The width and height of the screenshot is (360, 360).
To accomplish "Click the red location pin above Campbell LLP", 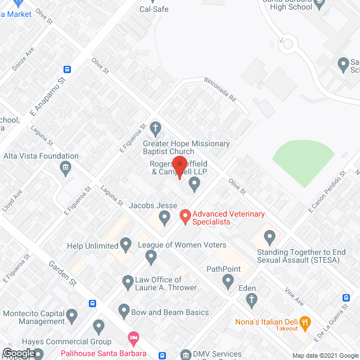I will pyautogui.click(x=179, y=166).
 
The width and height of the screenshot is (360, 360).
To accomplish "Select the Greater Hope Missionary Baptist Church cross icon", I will pyautogui.click(x=156, y=128).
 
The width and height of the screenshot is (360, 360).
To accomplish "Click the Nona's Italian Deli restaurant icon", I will pyautogui.click(x=305, y=322).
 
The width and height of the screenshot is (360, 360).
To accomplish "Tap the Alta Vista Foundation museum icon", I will pyautogui.click(x=66, y=167).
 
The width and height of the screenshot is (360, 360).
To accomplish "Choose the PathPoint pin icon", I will pyautogui.click(x=227, y=281).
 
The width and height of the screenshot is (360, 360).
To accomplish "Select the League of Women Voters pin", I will pyautogui.click(x=150, y=257).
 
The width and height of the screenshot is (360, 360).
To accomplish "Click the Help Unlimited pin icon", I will pyautogui.click(x=126, y=245).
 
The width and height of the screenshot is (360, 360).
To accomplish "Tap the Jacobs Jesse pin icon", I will pyautogui.click(x=164, y=217).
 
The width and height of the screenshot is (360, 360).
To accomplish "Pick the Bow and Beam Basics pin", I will pyautogui.click(x=124, y=310).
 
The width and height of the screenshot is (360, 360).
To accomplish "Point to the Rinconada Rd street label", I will pyautogui.click(x=219, y=88).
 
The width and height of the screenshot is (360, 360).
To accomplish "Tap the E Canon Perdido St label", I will pyautogui.click(x=326, y=192).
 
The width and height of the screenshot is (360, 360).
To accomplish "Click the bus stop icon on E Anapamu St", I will pyautogui.click(x=67, y=69).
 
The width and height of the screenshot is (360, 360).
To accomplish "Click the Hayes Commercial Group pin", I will pyautogui.click(x=99, y=326).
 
